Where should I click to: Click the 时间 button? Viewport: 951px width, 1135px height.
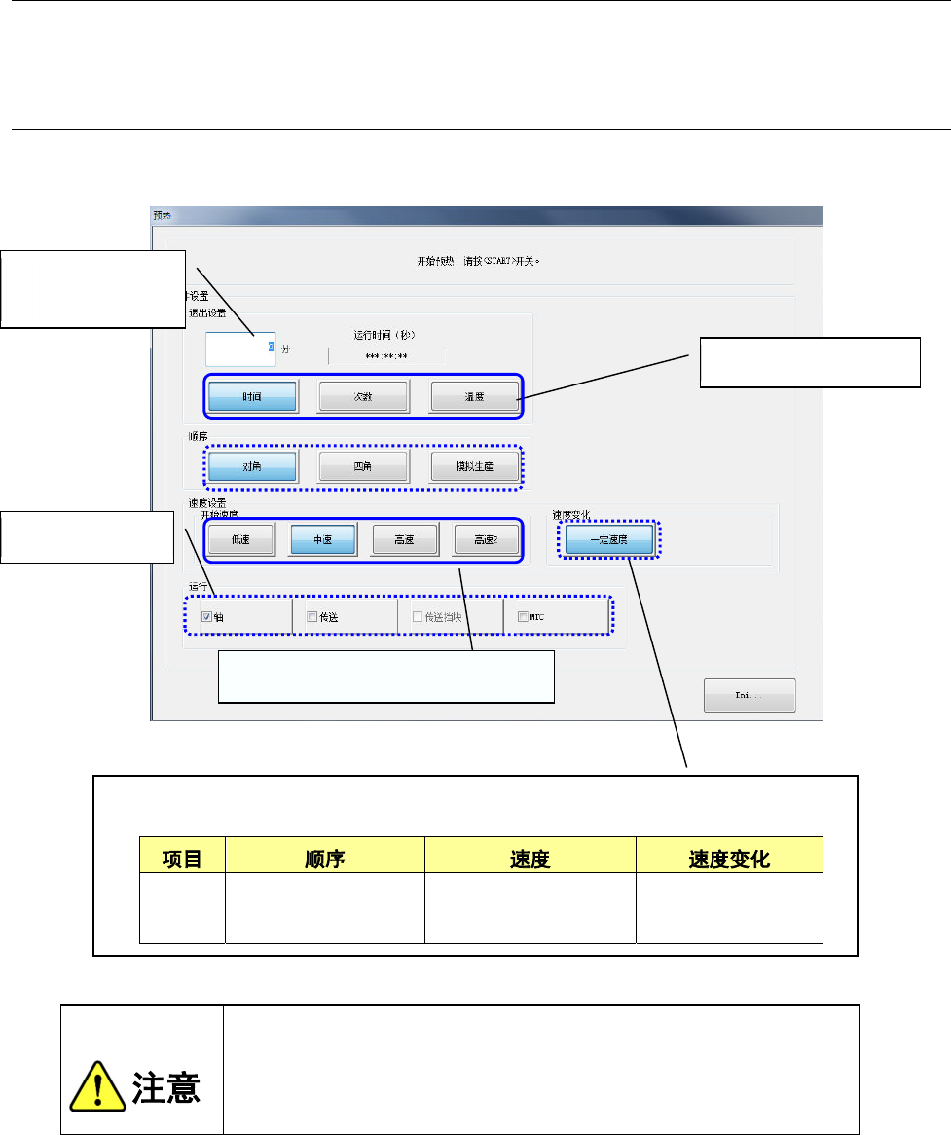pyautogui.click(x=252, y=397)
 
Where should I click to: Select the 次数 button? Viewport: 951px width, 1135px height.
pyautogui.click(x=362, y=397)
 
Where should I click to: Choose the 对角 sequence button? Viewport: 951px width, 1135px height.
pyautogui.click(x=252, y=466)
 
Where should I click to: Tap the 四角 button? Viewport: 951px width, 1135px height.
pyautogui.click(x=362, y=466)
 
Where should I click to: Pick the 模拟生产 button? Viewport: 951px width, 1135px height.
pyautogui.click(x=474, y=466)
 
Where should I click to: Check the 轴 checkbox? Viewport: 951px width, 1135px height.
pyautogui.click(x=206, y=616)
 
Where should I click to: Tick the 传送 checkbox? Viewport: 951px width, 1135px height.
pyautogui.click(x=311, y=616)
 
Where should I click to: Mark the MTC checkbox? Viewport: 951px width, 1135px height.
pyautogui.click(x=523, y=616)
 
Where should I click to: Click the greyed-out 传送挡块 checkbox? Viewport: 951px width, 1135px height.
pyautogui.click(x=418, y=616)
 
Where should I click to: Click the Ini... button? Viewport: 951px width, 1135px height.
pyautogui.click(x=750, y=696)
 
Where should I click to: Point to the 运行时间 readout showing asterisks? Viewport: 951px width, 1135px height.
pyautogui.click(x=386, y=357)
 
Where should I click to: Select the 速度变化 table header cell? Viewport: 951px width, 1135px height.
pyautogui.click(x=729, y=859)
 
